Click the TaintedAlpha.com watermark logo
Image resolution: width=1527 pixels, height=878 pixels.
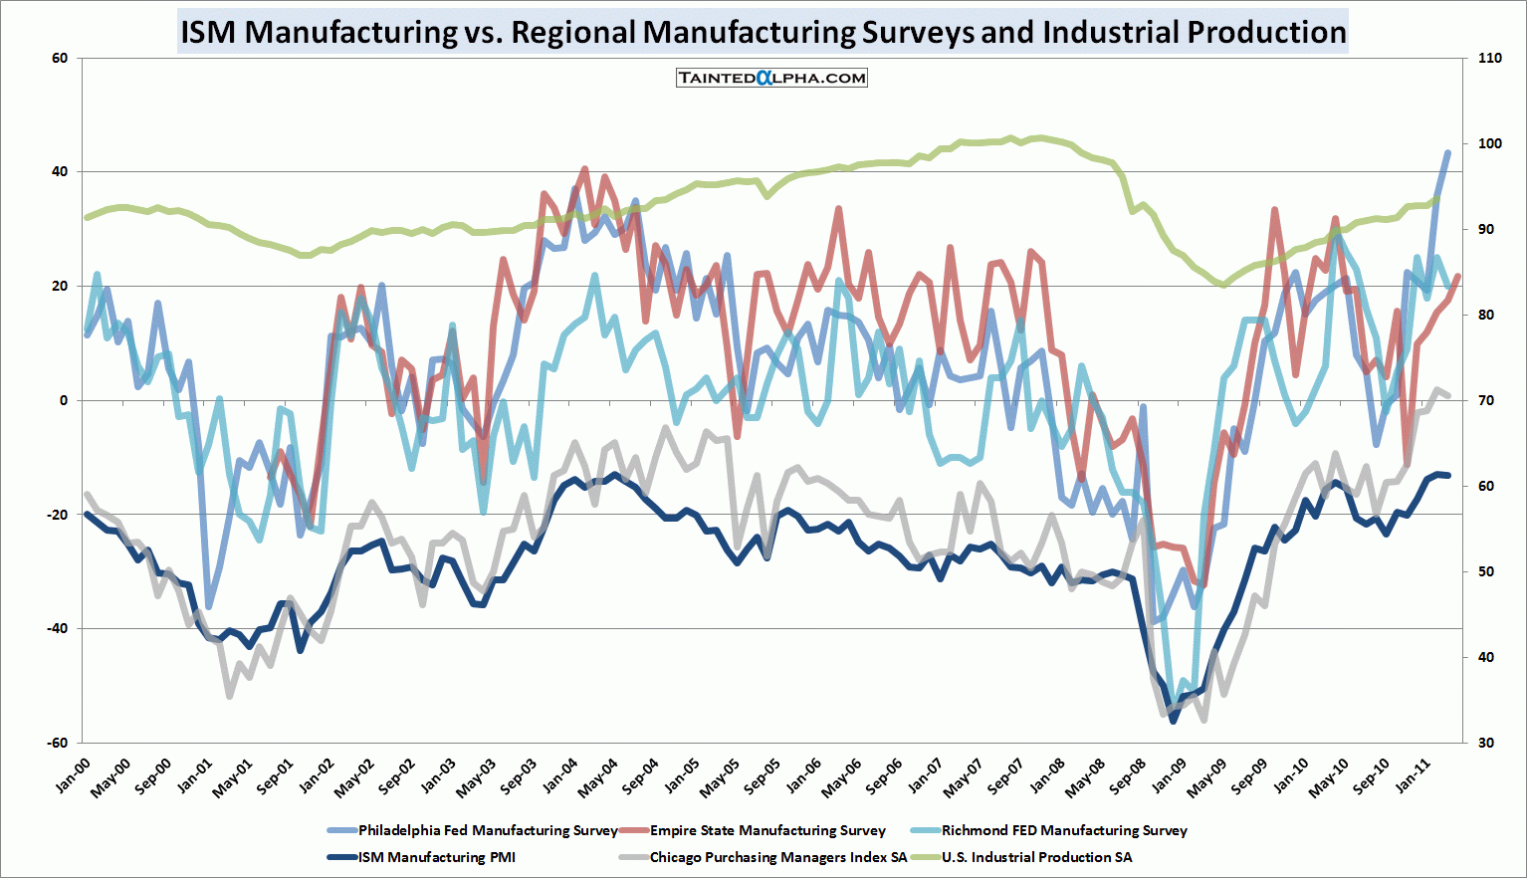771,78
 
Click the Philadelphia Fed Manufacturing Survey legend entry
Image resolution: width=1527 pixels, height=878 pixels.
487,830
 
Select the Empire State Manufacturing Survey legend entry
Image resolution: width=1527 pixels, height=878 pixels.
766,830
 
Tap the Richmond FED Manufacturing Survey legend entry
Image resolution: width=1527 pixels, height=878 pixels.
1063,830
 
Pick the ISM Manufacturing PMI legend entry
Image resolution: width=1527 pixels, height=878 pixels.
436,857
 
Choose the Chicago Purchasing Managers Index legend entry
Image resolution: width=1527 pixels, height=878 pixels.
777,857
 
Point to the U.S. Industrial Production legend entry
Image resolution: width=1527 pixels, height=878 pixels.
1036,857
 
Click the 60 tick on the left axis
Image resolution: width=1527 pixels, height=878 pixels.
60,58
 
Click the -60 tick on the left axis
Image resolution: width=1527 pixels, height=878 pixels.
57,743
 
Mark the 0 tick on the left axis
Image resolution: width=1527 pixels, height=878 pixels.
64,400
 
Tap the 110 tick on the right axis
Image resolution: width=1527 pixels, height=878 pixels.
1490,58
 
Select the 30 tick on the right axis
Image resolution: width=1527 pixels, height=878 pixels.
1486,743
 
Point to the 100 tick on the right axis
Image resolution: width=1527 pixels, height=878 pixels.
1490,143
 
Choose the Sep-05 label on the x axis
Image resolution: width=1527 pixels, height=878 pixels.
762,774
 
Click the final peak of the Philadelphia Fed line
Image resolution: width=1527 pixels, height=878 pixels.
1448,152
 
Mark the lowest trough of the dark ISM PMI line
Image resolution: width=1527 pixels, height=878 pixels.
1173,721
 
